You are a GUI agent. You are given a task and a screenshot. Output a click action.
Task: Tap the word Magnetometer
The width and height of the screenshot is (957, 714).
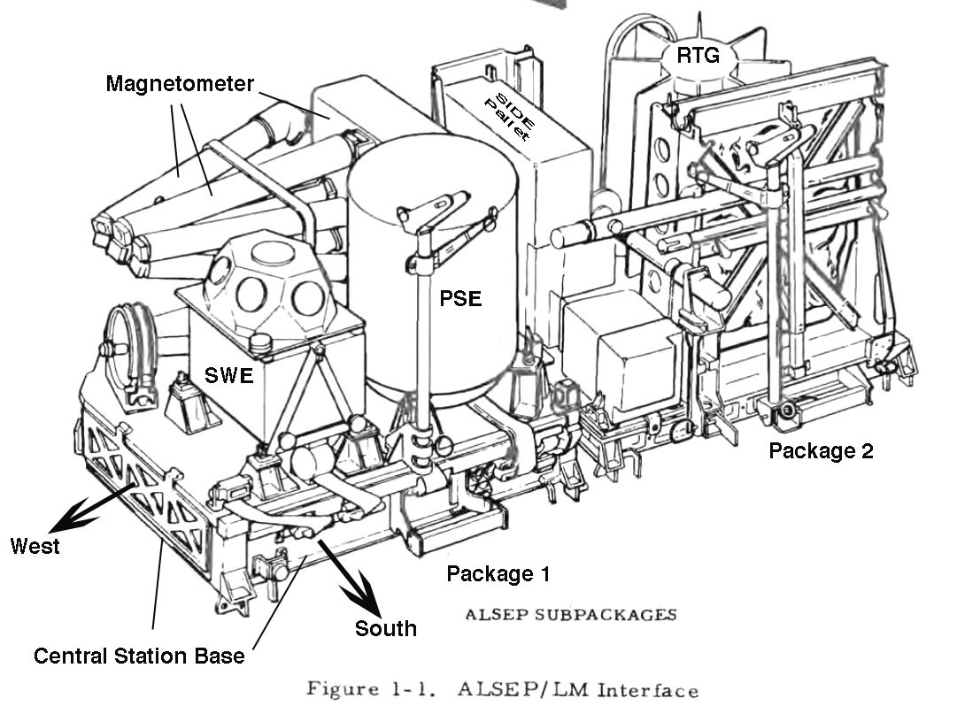(180, 84)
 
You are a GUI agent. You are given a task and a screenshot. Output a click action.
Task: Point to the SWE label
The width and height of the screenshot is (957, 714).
(229, 376)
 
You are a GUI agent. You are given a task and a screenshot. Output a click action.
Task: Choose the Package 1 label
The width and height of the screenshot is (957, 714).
(498, 573)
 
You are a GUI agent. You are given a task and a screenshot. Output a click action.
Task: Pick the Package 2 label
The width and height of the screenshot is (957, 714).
(821, 450)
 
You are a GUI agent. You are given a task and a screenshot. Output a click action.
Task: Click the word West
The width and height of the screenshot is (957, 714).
(35, 545)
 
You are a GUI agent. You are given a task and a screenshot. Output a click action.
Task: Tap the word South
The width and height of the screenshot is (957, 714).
(385, 628)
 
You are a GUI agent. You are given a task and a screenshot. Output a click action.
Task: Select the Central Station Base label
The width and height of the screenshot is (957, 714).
(139, 656)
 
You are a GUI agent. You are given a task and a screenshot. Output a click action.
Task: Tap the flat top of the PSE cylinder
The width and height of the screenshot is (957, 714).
(432, 177)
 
